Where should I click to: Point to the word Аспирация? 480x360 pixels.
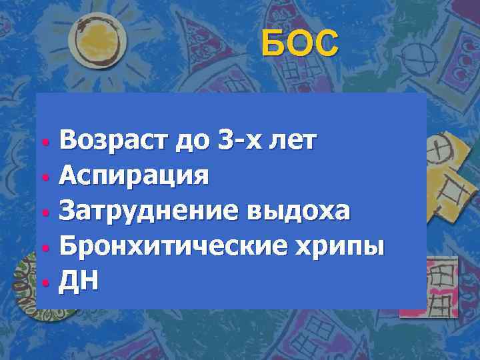tap(134, 176)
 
